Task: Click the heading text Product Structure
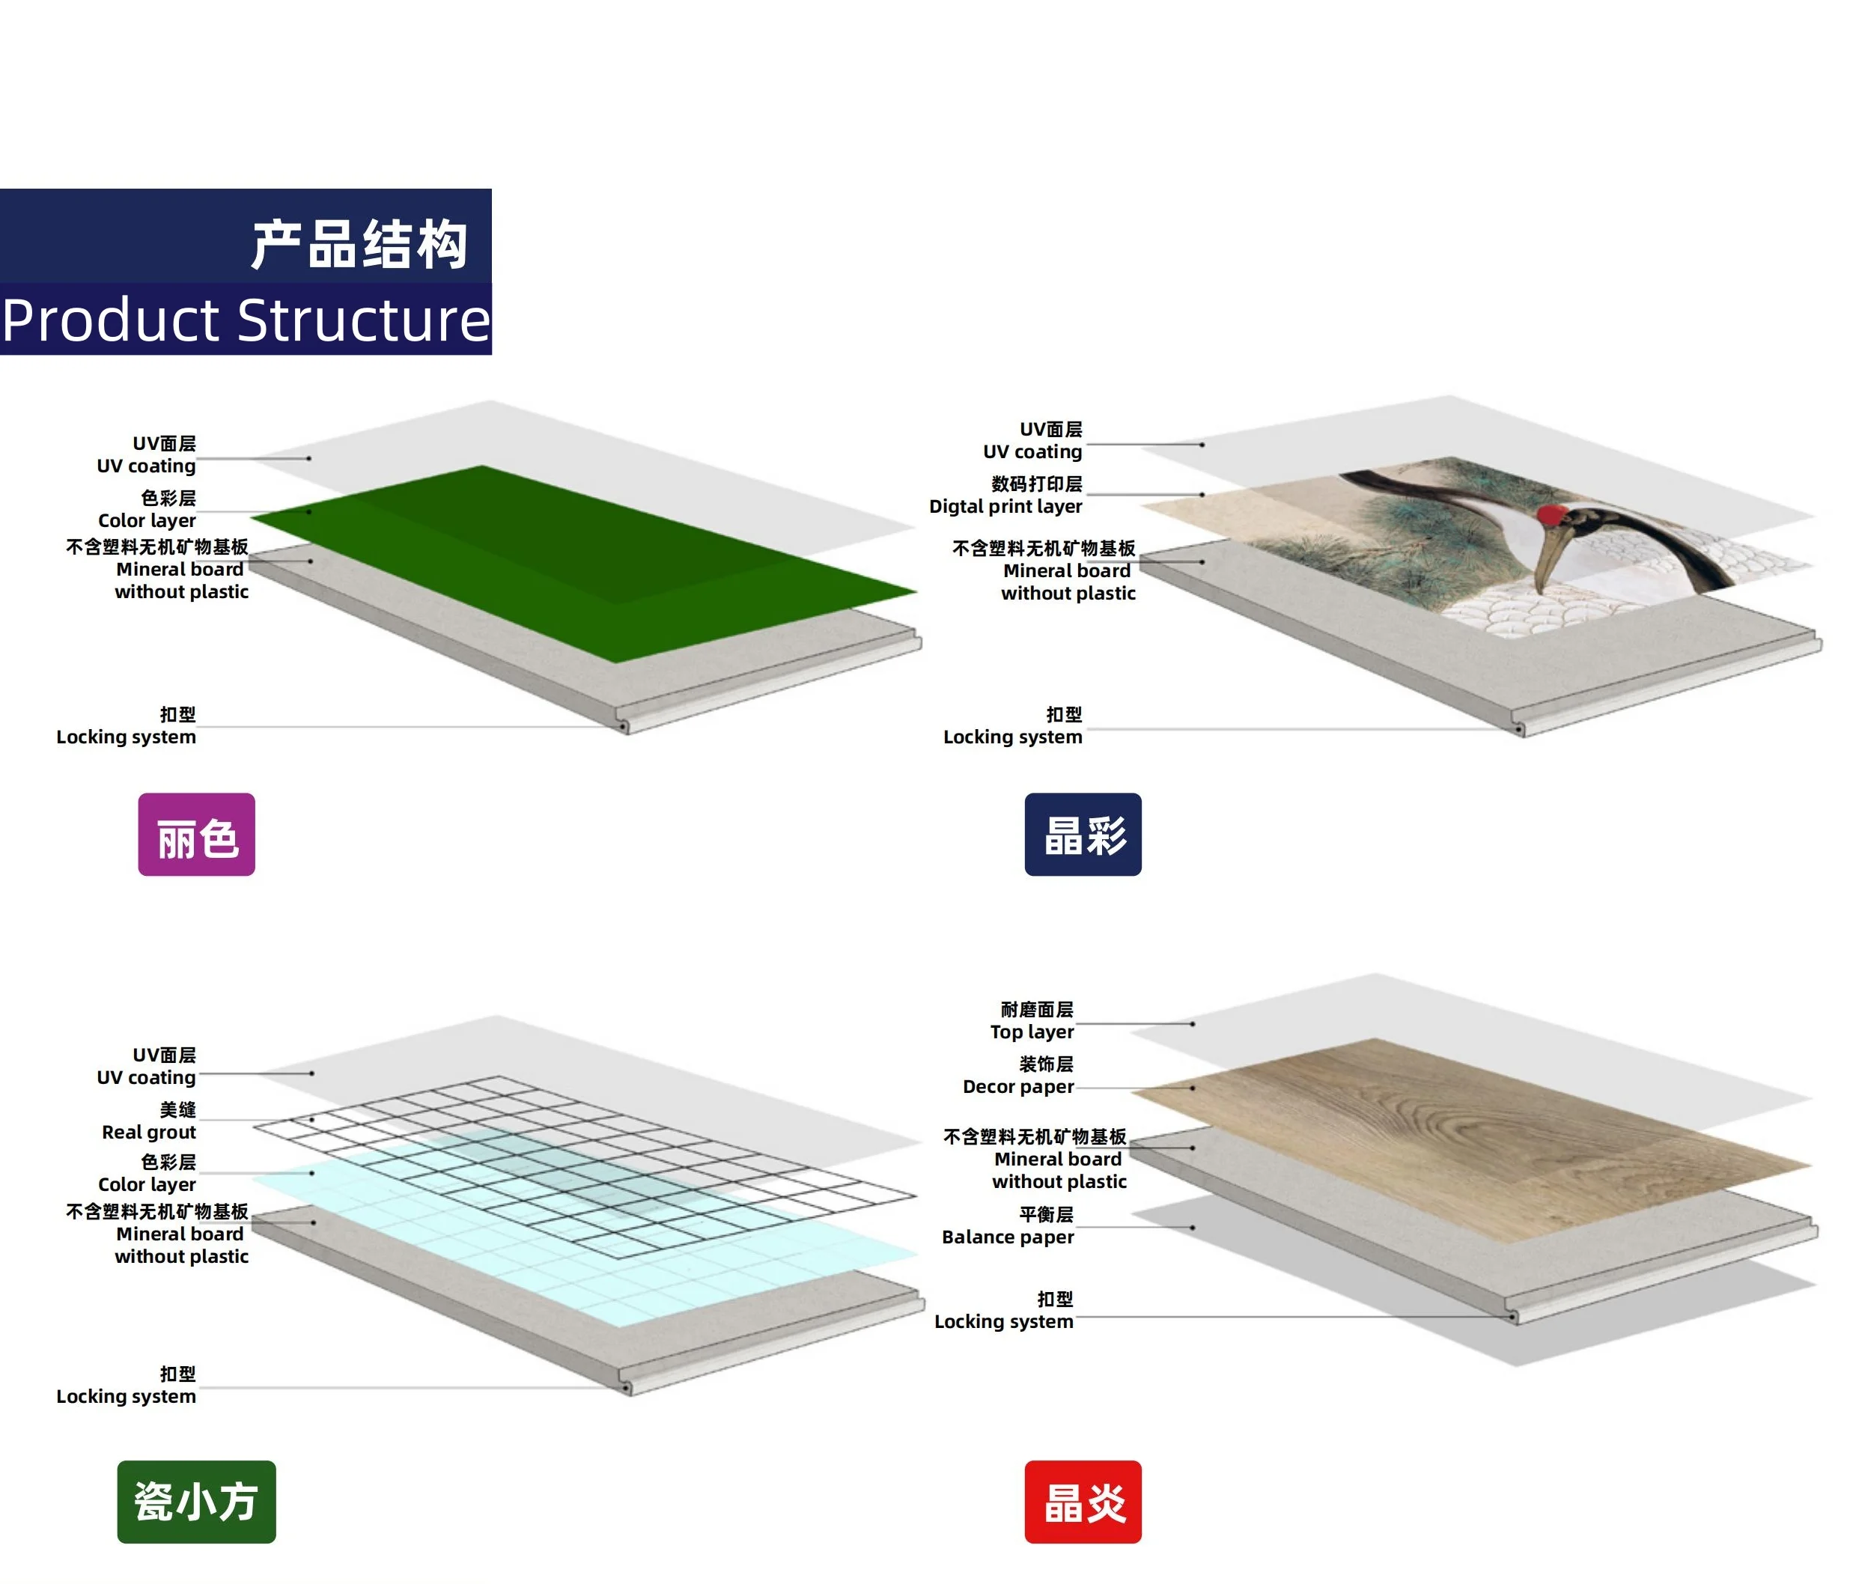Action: [x=246, y=320]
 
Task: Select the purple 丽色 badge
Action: [x=196, y=834]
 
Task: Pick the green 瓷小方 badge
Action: [x=196, y=1501]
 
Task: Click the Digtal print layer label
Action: [x=1005, y=505]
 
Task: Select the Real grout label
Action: [x=148, y=1131]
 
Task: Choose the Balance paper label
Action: [x=1007, y=1236]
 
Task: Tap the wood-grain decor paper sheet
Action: [x=1428, y=1134]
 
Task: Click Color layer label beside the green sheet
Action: [x=147, y=520]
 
